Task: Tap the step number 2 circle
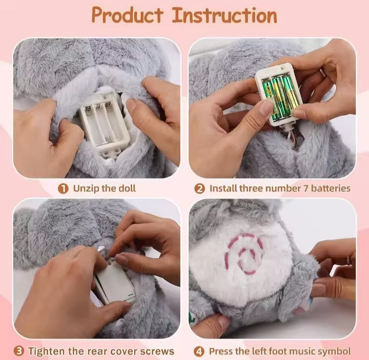pos(200,188)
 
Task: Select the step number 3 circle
pos(18,351)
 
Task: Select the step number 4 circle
pos(200,351)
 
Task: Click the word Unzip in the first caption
pos(84,188)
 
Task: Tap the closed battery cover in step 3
pos(114,285)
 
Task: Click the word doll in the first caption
pos(127,188)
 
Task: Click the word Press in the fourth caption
pos(221,351)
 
